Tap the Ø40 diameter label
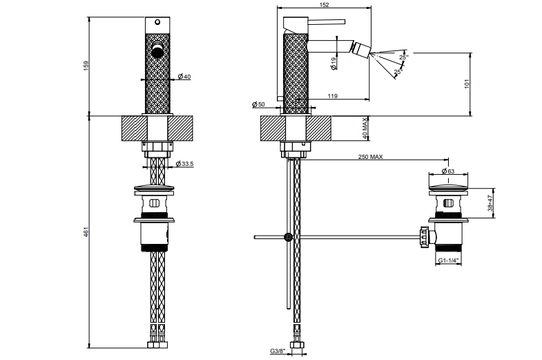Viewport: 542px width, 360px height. pyautogui.click(x=184, y=77)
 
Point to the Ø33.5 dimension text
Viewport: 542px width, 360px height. pyautogui.click(x=184, y=164)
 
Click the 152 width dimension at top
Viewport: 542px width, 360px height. pyautogui.click(x=324, y=5)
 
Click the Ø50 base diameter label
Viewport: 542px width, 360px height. pyautogui.click(x=260, y=104)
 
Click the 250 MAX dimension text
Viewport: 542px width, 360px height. pyautogui.click(x=370, y=158)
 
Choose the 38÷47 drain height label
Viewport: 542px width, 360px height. pyautogui.click(x=490, y=202)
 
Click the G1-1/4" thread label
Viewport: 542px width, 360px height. pyautogui.click(x=449, y=261)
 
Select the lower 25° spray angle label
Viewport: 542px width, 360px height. pyautogui.click(x=398, y=71)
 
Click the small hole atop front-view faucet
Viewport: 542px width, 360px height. pyautogui.click(x=157, y=21)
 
